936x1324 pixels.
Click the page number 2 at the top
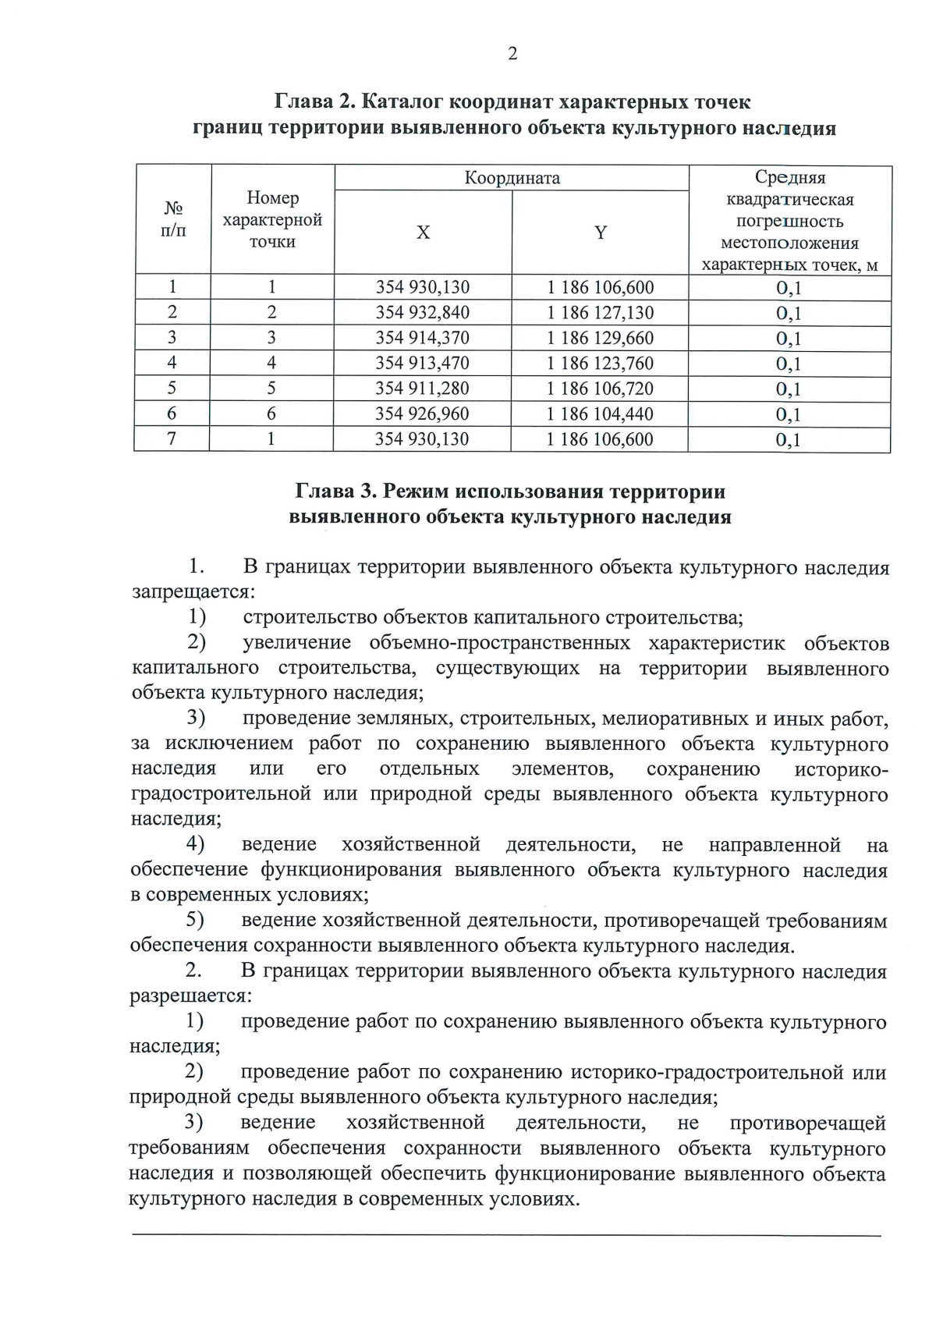512,54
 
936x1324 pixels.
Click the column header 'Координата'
512,178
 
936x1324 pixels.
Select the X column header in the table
423,232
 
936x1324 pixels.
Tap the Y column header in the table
600,232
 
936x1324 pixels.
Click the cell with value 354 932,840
423,313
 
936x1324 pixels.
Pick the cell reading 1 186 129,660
600,338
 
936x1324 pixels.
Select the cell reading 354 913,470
423,363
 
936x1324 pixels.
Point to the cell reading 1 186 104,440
600,414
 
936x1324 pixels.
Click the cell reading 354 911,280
423,389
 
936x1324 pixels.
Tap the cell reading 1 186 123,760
600,363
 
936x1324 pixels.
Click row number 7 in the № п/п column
172,438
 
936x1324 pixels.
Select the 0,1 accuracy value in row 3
789,339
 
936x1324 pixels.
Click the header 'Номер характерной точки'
272,220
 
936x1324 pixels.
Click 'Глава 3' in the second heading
334,492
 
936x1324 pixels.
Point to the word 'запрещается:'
190,591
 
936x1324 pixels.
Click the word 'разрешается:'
190,996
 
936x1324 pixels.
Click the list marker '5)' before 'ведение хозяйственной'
195,921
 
